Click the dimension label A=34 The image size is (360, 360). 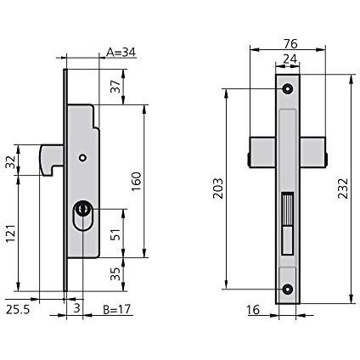pyautogui.click(x=121, y=53)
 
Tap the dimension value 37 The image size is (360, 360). pyautogui.click(x=115, y=86)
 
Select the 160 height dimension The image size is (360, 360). pyautogui.click(x=137, y=181)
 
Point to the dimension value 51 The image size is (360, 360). pyautogui.click(x=115, y=233)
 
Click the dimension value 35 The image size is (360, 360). pyautogui.click(x=115, y=274)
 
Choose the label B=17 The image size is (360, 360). pyautogui.click(x=117, y=309)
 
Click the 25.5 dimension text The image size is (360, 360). pyautogui.click(x=18, y=310)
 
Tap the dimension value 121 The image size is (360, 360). pyautogui.click(x=10, y=233)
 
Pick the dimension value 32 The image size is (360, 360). pyautogui.click(x=10, y=162)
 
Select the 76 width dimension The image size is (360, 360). pyautogui.click(x=290, y=44)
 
